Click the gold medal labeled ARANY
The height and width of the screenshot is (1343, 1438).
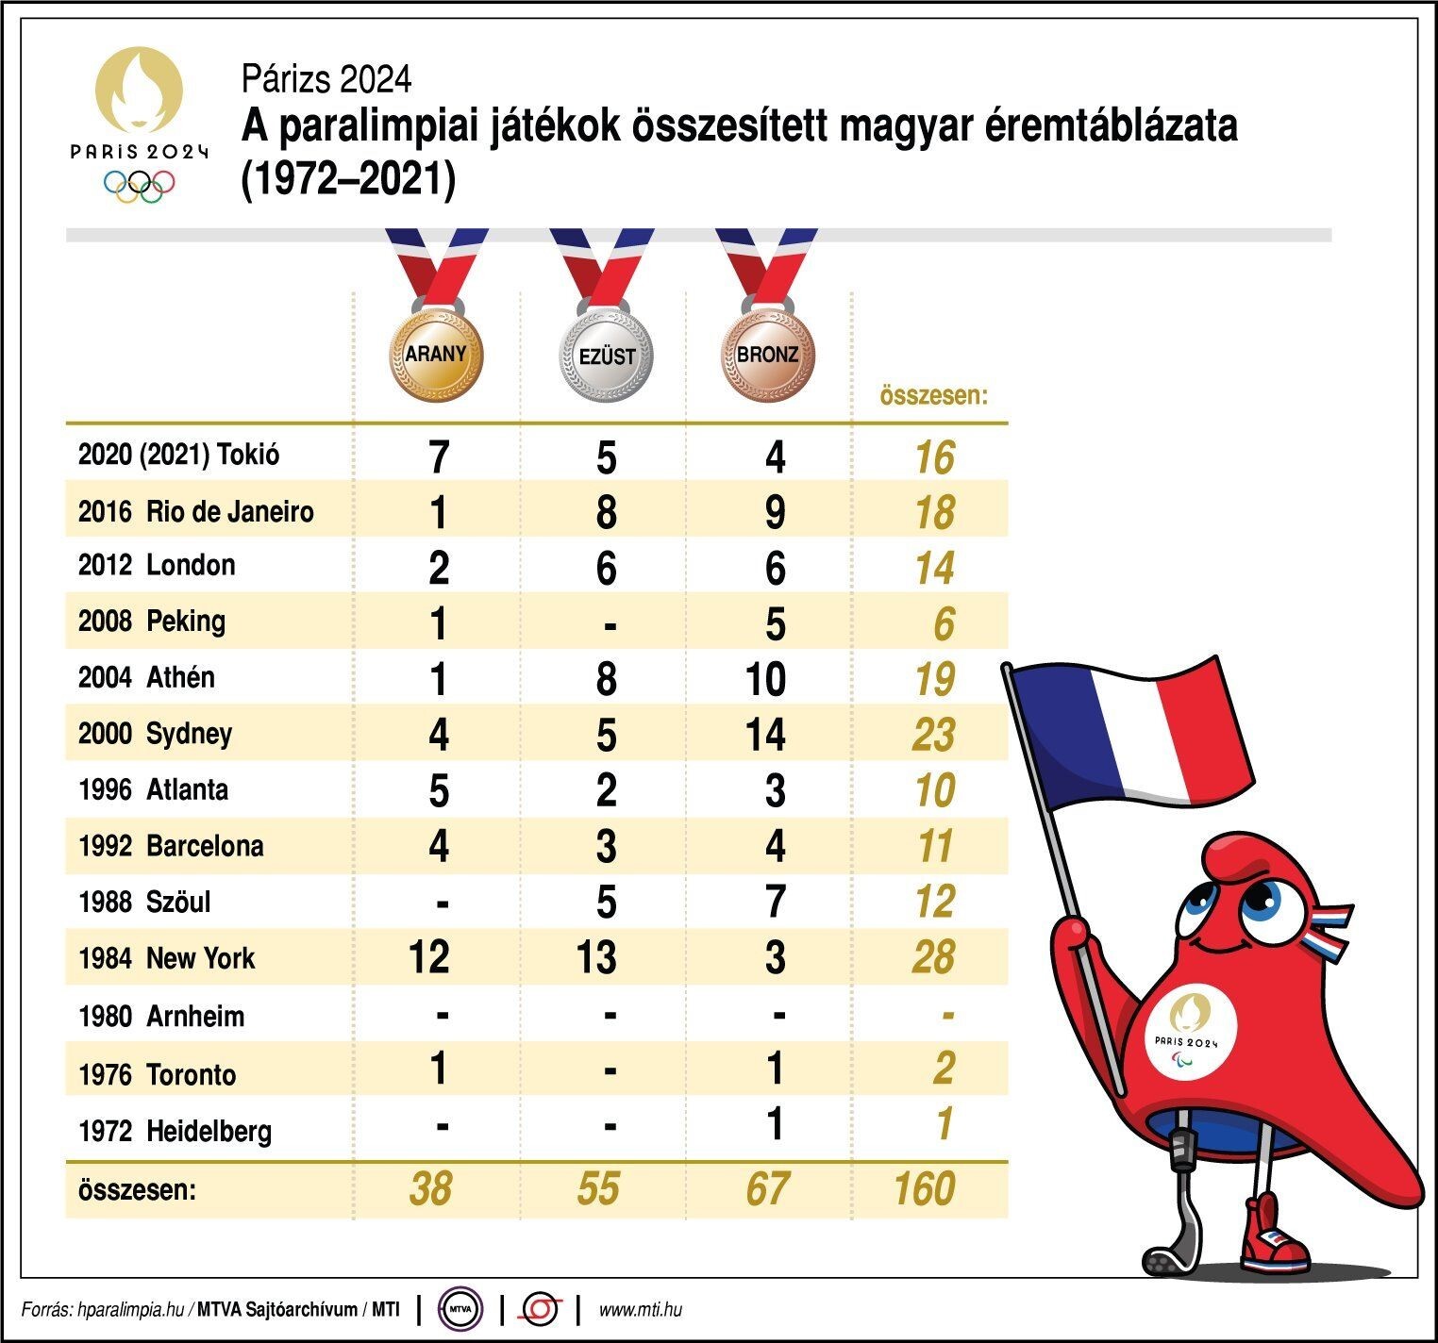pos(436,355)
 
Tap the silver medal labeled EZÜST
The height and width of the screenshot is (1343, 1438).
pos(606,356)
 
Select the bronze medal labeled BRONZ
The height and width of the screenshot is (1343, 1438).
pos(767,355)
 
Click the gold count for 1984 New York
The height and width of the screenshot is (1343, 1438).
pos(429,957)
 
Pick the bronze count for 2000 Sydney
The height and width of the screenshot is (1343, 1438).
pos(765,735)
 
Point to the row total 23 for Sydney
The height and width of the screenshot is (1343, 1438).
pos(933,735)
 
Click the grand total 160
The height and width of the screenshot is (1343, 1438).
pos(924,1188)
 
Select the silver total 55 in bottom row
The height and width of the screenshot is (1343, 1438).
pos(598,1188)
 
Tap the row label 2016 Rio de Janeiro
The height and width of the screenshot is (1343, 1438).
pos(195,511)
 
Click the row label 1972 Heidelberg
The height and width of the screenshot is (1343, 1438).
pos(175,1130)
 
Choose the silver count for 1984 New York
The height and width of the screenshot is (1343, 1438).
pos(597,957)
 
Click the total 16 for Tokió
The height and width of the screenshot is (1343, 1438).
pos(934,457)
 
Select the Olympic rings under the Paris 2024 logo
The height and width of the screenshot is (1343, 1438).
pos(140,185)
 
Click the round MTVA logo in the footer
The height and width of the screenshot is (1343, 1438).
pos(460,1309)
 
